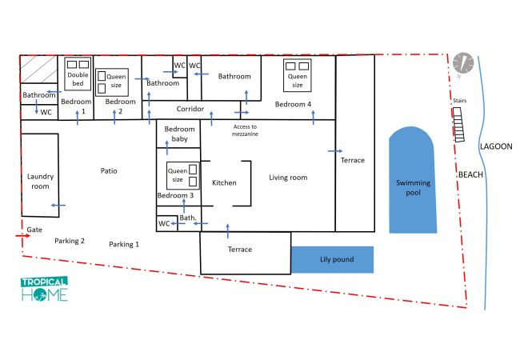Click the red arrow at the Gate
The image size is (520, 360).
tap(22, 236)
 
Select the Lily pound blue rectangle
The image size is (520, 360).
tap(332, 259)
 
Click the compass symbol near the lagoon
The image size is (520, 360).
tap(463, 63)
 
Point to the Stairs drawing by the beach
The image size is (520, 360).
tap(458, 125)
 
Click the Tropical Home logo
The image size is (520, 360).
tap(45, 290)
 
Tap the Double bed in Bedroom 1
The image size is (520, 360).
tap(78, 74)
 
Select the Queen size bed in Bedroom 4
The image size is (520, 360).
tap(297, 75)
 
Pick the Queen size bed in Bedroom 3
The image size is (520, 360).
tap(182, 176)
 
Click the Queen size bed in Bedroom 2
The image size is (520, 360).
tap(112, 82)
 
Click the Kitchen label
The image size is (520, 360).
tap(224, 182)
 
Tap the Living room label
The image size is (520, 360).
tap(288, 178)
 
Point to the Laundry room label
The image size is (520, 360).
tap(40, 181)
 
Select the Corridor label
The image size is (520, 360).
tap(190, 109)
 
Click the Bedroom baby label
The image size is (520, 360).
tap(179, 134)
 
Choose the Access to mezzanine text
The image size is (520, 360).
tap(245, 130)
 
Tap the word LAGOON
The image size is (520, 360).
tap(496, 146)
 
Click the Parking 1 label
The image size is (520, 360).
tap(124, 244)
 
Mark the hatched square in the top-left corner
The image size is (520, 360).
tap(39, 69)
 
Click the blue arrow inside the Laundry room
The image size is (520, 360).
tap(58, 205)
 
